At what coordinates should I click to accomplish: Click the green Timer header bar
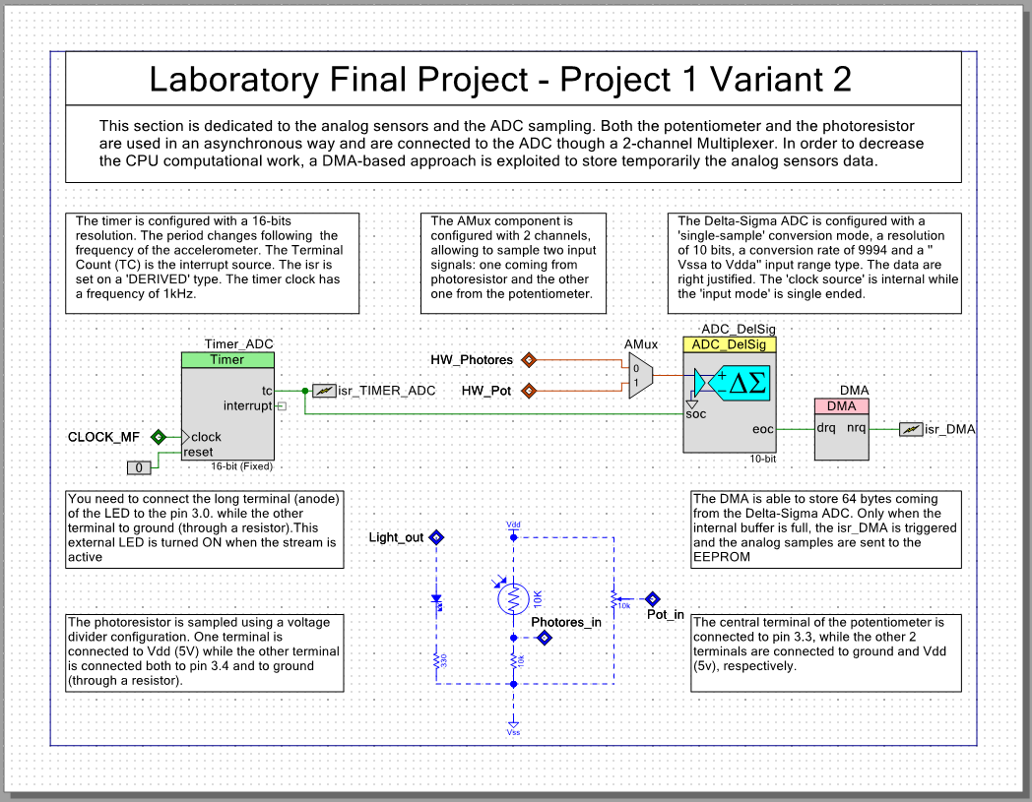click(x=227, y=360)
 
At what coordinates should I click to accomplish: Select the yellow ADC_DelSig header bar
click(x=730, y=344)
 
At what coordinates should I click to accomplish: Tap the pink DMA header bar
click(x=840, y=406)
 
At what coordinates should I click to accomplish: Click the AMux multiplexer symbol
click(x=640, y=376)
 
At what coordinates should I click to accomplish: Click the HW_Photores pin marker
click(x=528, y=360)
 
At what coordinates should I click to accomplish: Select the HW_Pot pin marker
click(x=528, y=391)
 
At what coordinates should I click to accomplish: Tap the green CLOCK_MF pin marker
click(x=157, y=436)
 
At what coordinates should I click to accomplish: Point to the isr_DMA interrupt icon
click(x=911, y=429)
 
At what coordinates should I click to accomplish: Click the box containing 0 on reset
click(x=140, y=466)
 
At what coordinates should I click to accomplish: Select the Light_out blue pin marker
click(x=436, y=537)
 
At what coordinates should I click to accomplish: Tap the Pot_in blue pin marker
click(x=651, y=598)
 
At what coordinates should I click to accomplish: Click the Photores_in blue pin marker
click(x=544, y=638)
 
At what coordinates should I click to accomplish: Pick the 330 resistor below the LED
click(x=436, y=661)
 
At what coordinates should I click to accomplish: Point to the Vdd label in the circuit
click(x=512, y=525)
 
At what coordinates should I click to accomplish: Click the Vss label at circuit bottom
click(x=512, y=732)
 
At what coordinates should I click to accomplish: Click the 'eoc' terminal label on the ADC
click(x=763, y=429)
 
